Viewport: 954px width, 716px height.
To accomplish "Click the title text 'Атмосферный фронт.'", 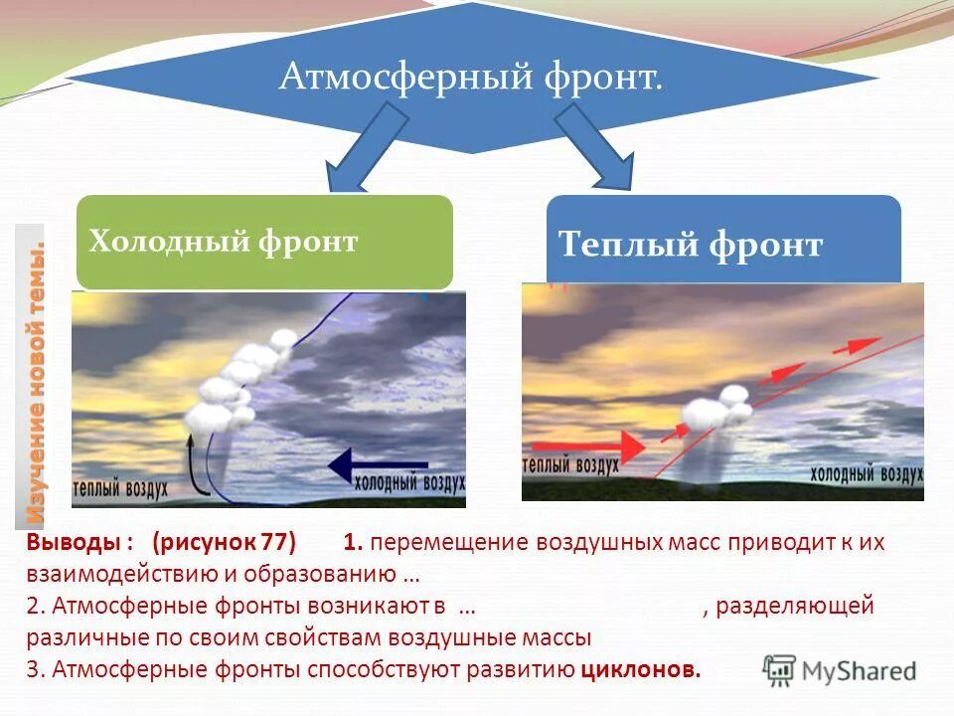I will (x=470, y=78).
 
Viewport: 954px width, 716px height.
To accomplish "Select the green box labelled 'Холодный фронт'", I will (x=264, y=242).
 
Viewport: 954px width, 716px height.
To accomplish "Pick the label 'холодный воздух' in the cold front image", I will (x=409, y=484).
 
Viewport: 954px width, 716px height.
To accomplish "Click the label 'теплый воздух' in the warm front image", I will (x=569, y=464).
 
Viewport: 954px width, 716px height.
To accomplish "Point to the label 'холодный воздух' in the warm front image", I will (x=866, y=473).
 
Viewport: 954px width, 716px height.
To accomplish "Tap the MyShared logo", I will (x=840, y=669).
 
